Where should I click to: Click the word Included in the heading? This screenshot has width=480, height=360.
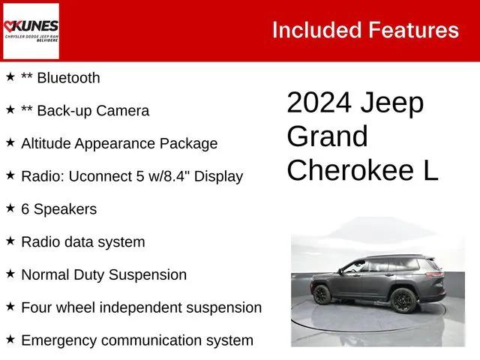coord(316,30)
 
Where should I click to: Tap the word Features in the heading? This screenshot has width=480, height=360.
coord(412,30)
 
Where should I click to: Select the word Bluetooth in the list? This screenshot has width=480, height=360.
coord(67,78)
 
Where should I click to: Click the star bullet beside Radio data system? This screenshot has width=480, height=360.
coord(10,241)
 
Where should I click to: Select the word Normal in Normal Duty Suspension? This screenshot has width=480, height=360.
coord(46,274)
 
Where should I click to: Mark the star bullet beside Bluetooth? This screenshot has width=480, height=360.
coord(10,76)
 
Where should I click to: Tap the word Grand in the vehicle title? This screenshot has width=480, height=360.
coord(328,136)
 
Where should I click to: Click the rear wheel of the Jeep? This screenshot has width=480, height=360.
coord(403,301)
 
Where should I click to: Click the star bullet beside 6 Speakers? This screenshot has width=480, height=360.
coord(10,208)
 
